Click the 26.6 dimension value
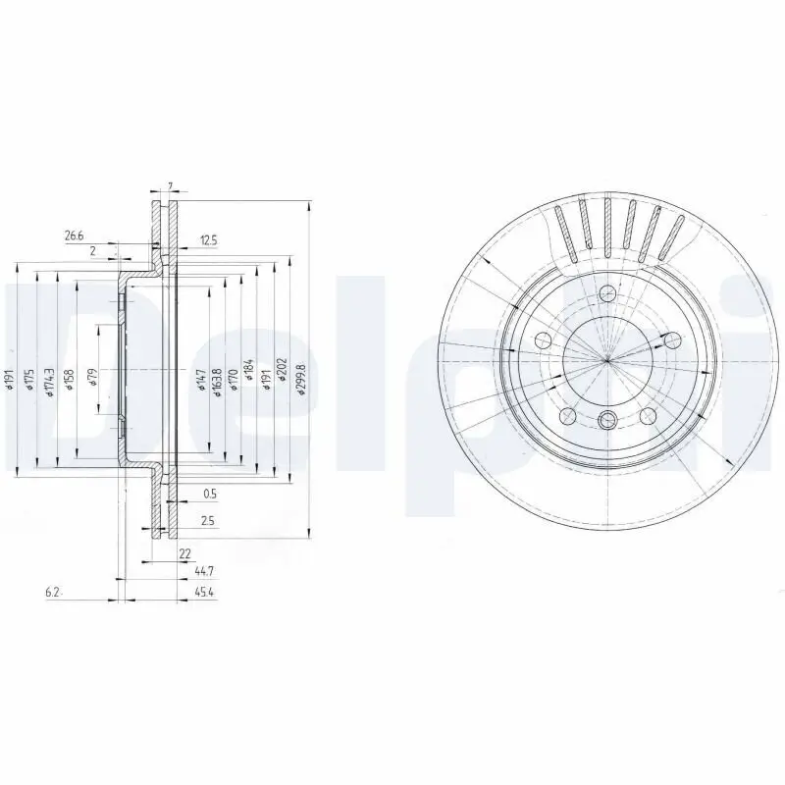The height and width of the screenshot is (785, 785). coord(75,235)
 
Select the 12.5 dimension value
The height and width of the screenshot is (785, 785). coord(208,239)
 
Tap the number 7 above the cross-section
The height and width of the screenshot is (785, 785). coord(170,186)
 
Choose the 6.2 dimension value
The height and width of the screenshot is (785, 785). coord(53,592)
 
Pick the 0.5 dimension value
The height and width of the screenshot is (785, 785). coord(209,493)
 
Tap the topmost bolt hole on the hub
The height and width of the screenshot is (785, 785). coord(607,292)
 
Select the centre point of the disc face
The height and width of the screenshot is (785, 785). coord(607,357)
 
